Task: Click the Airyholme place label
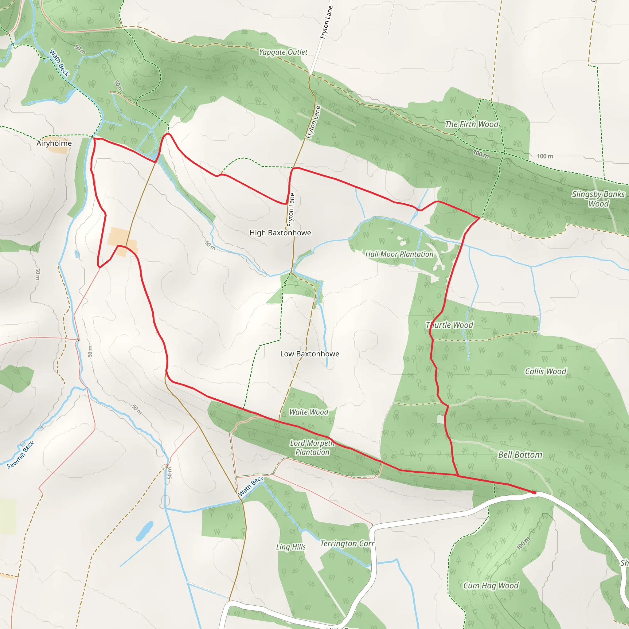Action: [x=54, y=143]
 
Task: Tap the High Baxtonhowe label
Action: [x=280, y=233]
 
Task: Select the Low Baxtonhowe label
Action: [x=310, y=354]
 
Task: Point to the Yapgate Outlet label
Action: [x=283, y=52]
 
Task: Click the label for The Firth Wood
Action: [x=472, y=124]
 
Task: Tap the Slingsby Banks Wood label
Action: [x=598, y=199]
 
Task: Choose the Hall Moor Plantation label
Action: [x=400, y=254]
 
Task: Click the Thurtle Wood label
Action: [x=450, y=325]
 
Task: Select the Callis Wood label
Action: [x=546, y=372]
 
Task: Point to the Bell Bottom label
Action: [x=520, y=455]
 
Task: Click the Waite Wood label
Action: [x=309, y=412]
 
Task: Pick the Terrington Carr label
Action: [x=347, y=544]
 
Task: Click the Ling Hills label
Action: [x=291, y=547]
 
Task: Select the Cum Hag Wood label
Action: [x=491, y=586]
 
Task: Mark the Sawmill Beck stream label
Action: [x=21, y=455]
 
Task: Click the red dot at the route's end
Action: [x=534, y=493]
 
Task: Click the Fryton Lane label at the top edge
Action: [x=326, y=22]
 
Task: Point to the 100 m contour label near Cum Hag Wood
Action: [x=523, y=543]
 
